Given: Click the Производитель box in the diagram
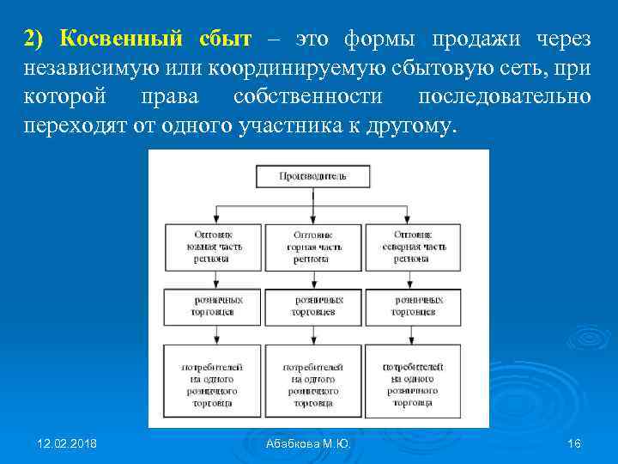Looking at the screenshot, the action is [312, 176].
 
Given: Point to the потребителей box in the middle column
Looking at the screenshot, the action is [312, 384].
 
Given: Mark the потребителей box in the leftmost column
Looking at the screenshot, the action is [214, 384].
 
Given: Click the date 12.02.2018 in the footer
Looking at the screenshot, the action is [67, 443].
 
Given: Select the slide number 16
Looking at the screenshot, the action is [574, 443].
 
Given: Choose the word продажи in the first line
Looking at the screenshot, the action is [472, 39].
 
